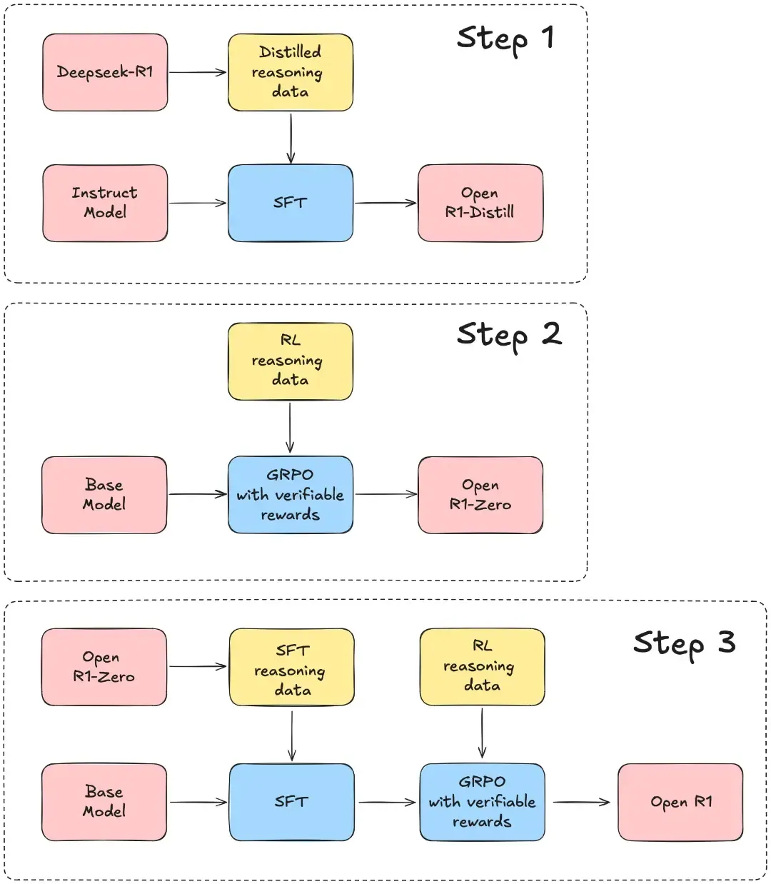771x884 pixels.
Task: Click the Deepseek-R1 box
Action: click(x=105, y=72)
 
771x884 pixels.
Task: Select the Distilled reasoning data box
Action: click(x=290, y=72)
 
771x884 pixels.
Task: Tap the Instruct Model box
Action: click(x=105, y=203)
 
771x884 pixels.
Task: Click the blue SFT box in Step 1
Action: click(x=290, y=203)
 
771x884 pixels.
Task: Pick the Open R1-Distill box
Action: click(x=480, y=203)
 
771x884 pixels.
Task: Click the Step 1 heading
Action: click(x=505, y=39)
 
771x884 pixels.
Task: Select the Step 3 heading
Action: click(x=683, y=643)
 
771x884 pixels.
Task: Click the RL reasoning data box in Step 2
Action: click(x=290, y=361)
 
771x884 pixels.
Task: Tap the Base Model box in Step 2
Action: click(x=104, y=495)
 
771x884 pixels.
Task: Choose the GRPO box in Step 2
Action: click(x=290, y=495)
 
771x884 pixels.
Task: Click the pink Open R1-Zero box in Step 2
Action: click(x=480, y=495)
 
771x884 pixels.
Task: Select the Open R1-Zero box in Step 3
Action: click(x=104, y=667)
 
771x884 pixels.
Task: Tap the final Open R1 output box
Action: click(x=680, y=802)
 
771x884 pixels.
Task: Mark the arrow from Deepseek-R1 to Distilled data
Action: click(x=197, y=72)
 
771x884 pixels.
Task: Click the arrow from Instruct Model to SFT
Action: click(x=197, y=204)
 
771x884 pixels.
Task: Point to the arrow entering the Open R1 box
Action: click(x=581, y=802)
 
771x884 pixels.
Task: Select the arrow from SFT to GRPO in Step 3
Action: click(x=386, y=802)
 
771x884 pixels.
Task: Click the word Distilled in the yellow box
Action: click(x=290, y=52)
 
